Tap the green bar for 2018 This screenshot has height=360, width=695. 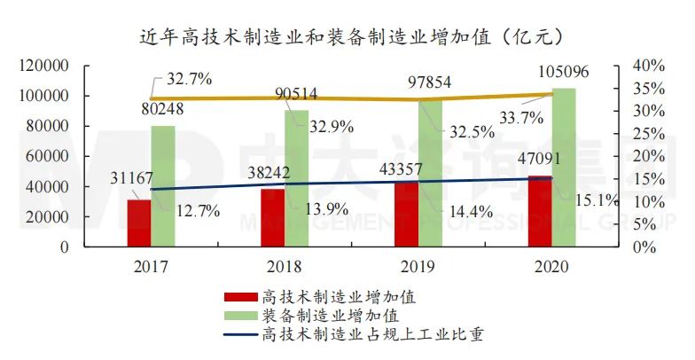tap(296, 178)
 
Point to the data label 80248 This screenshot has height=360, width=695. tap(163, 112)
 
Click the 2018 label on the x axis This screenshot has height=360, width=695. tap(284, 265)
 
